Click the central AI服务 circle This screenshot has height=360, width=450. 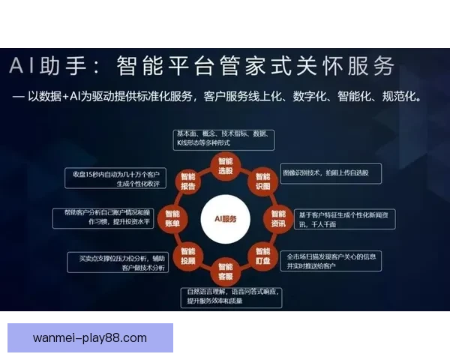click(x=225, y=218)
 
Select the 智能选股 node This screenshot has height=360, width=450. click(x=226, y=166)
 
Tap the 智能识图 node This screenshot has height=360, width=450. click(x=262, y=181)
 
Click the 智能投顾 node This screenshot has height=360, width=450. click(x=188, y=255)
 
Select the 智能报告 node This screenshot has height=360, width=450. click(x=188, y=181)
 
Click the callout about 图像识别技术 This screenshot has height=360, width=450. click(x=330, y=173)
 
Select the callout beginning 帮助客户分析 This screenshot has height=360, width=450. click(x=103, y=217)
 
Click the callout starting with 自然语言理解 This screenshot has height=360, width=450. click(x=231, y=296)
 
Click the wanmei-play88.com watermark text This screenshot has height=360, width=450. click(x=90, y=337)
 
